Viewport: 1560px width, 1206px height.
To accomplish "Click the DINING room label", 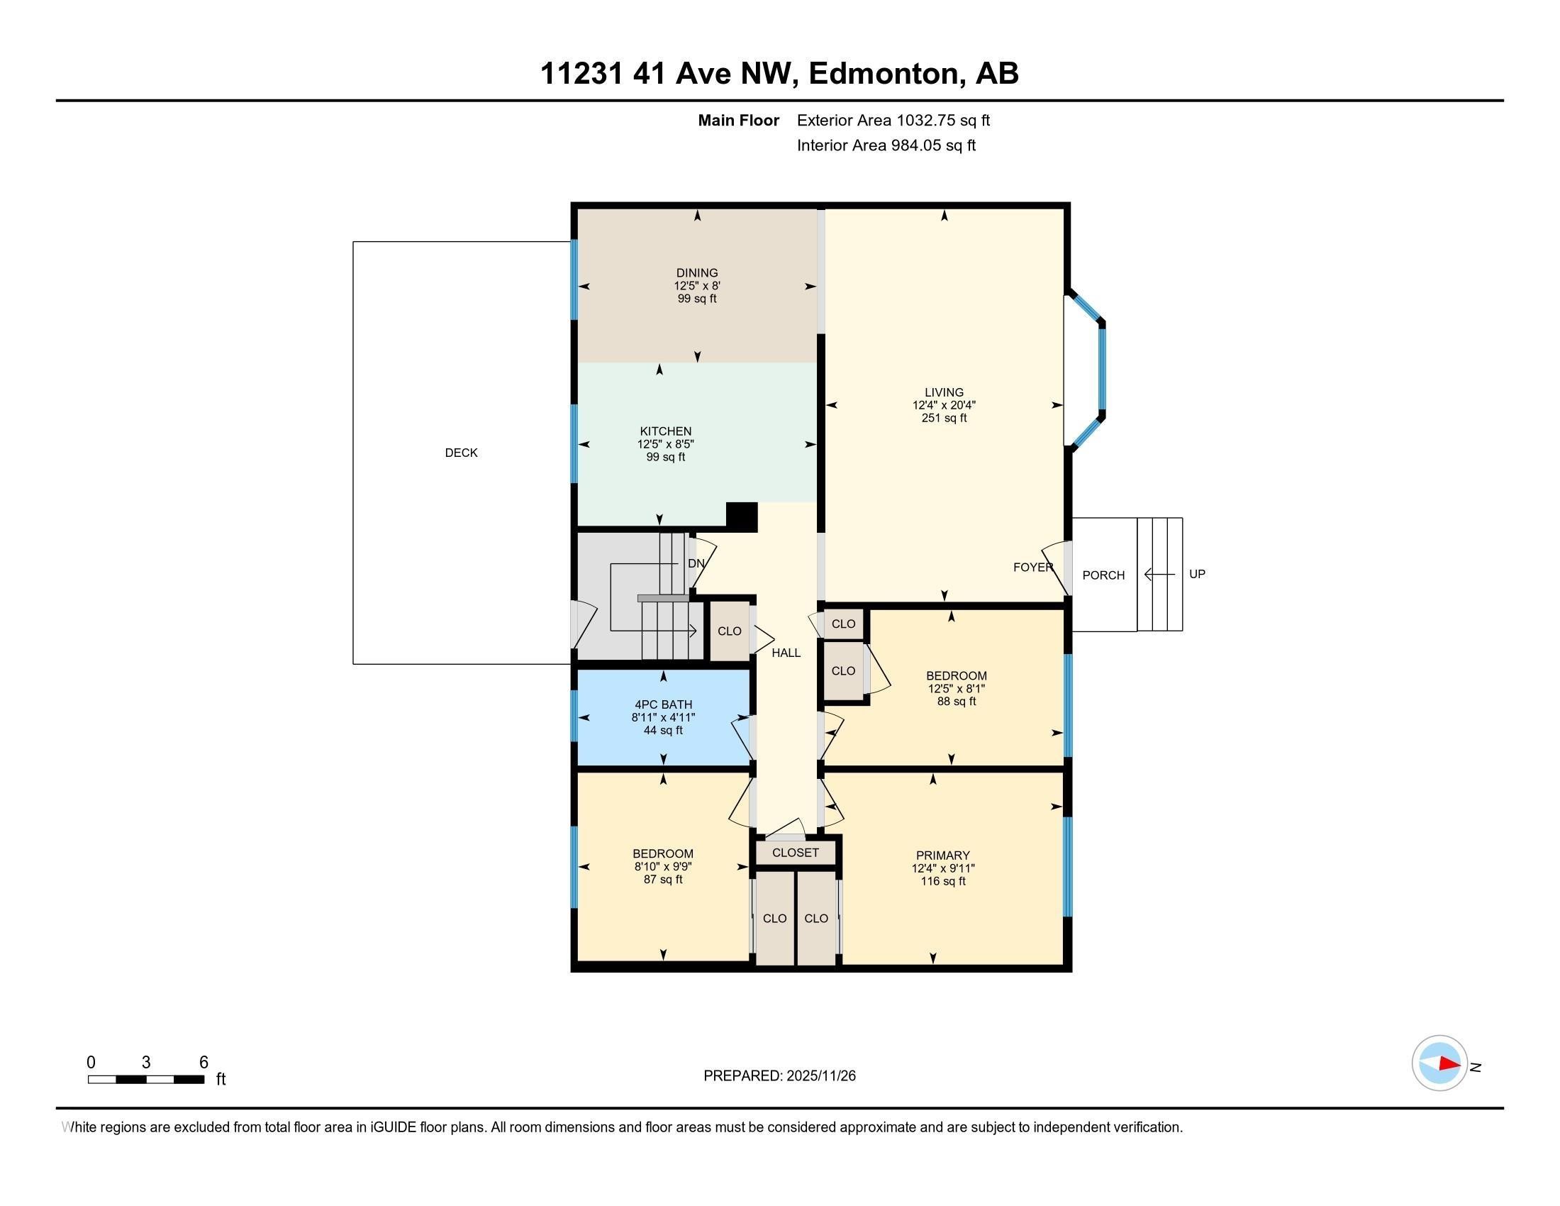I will click(x=696, y=272).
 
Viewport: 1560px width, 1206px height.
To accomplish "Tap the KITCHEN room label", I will click(x=665, y=431).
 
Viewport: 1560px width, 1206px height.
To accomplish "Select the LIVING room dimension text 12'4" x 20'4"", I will click(x=944, y=405).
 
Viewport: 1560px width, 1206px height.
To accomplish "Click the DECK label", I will click(x=461, y=453).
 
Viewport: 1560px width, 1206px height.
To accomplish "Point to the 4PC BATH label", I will click(x=663, y=704).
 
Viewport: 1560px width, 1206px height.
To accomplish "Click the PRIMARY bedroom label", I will click(x=943, y=856).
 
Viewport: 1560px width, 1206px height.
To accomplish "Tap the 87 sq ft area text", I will click(x=663, y=880).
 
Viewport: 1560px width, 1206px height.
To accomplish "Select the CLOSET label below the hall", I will click(x=795, y=853).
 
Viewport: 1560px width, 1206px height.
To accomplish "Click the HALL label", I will click(x=786, y=652).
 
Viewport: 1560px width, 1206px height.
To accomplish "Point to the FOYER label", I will click(x=1032, y=568).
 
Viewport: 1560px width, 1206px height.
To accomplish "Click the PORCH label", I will click(x=1103, y=575).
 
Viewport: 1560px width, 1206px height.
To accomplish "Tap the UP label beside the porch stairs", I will click(x=1197, y=574).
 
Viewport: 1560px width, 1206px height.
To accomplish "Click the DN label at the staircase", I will click(x=696, y=563).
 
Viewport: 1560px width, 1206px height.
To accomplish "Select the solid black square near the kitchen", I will click(x=742, y=517).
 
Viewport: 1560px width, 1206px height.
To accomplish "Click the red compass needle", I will click(x=1449, y=1064).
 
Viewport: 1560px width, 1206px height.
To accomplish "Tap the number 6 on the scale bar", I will click(x=204, y=1063).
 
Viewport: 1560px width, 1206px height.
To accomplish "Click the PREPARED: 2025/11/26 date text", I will click(x=779, y=1076).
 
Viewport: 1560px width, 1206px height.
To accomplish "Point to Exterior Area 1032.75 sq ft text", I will click(x=893, y=120).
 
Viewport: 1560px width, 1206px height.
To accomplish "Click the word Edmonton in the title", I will click(x=883, y=73).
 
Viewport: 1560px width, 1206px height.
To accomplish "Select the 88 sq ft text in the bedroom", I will click(x=956, y=702).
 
